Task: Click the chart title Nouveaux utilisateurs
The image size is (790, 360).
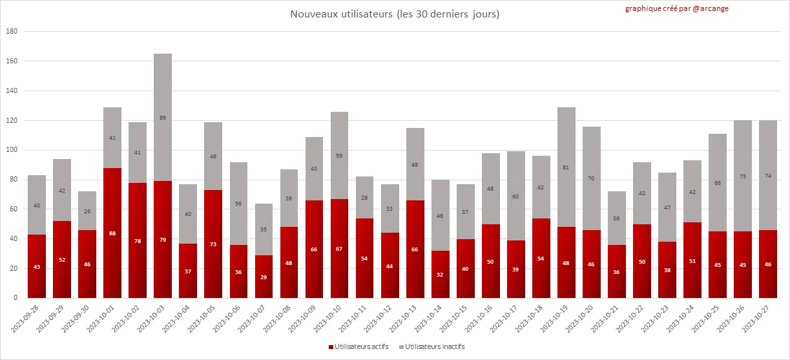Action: (x=395, y=14)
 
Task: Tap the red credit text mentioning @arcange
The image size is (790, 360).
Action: (x=676, y=8)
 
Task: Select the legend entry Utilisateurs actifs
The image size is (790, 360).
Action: (x=362, y=346)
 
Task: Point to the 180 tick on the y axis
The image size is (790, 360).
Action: (x=12, y=32)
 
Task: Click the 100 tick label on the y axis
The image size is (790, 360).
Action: (x=12, y=150)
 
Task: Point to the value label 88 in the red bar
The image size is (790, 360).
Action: (x=112, y=233)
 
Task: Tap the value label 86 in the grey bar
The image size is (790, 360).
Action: (x=163, y=118)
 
